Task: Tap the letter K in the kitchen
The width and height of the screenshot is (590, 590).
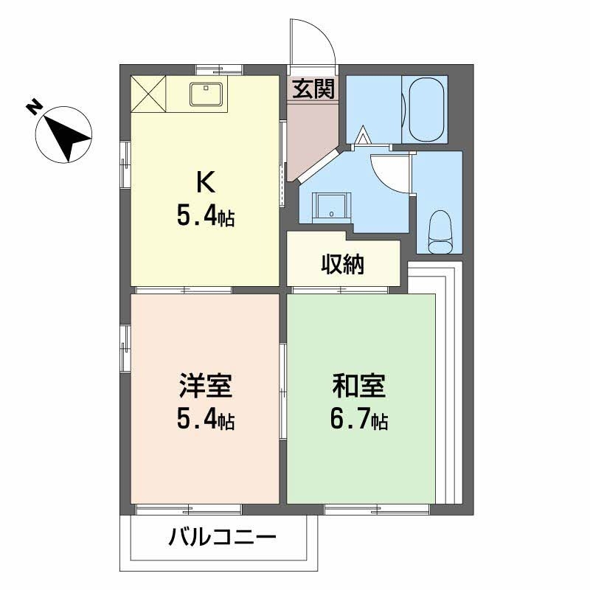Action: tap(204, 181)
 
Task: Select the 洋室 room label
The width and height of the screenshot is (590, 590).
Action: tap(205, 386)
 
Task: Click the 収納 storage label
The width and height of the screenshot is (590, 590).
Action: tap(343, 264)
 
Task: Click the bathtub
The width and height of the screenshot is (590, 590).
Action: tap(424, 109)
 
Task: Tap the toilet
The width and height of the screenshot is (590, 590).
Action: tap(440, 225)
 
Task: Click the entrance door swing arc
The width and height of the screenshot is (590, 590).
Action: tap(310, 41)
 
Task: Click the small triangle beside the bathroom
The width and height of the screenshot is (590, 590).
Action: tap(364, 136)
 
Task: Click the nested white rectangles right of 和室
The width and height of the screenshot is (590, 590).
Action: tap(448, 383)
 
